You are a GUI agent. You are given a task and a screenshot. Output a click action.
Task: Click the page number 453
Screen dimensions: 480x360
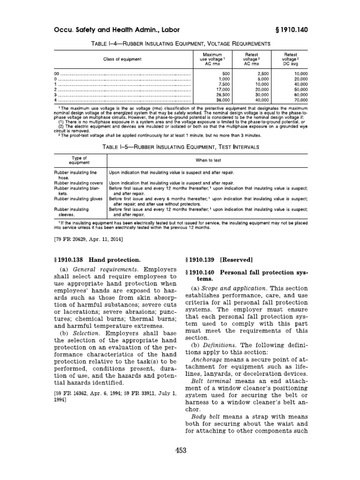[x=180, y=451]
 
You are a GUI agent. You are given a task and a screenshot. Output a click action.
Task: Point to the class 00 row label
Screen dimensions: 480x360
[x=57, y=74]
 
